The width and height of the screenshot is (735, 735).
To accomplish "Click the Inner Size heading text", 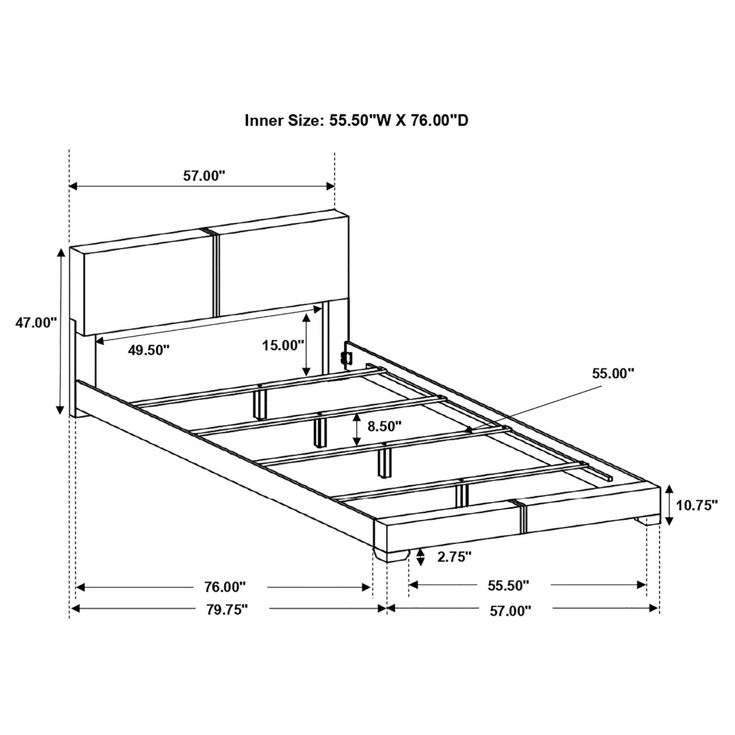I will (357, 120).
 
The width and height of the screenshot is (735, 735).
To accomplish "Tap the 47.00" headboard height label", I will (36, 323).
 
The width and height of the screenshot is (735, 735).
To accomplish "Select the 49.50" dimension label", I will (148, 350).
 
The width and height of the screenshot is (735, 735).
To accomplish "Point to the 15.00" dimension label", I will (283, 346).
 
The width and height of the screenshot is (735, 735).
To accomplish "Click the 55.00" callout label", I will (613, 373).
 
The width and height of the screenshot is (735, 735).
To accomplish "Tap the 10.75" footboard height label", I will (697, 505).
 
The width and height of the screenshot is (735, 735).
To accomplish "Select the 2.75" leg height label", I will (454, 557).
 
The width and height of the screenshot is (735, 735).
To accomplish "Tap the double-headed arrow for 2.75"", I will (420, 558).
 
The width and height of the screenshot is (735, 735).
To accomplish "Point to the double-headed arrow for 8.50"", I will (357, 430).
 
